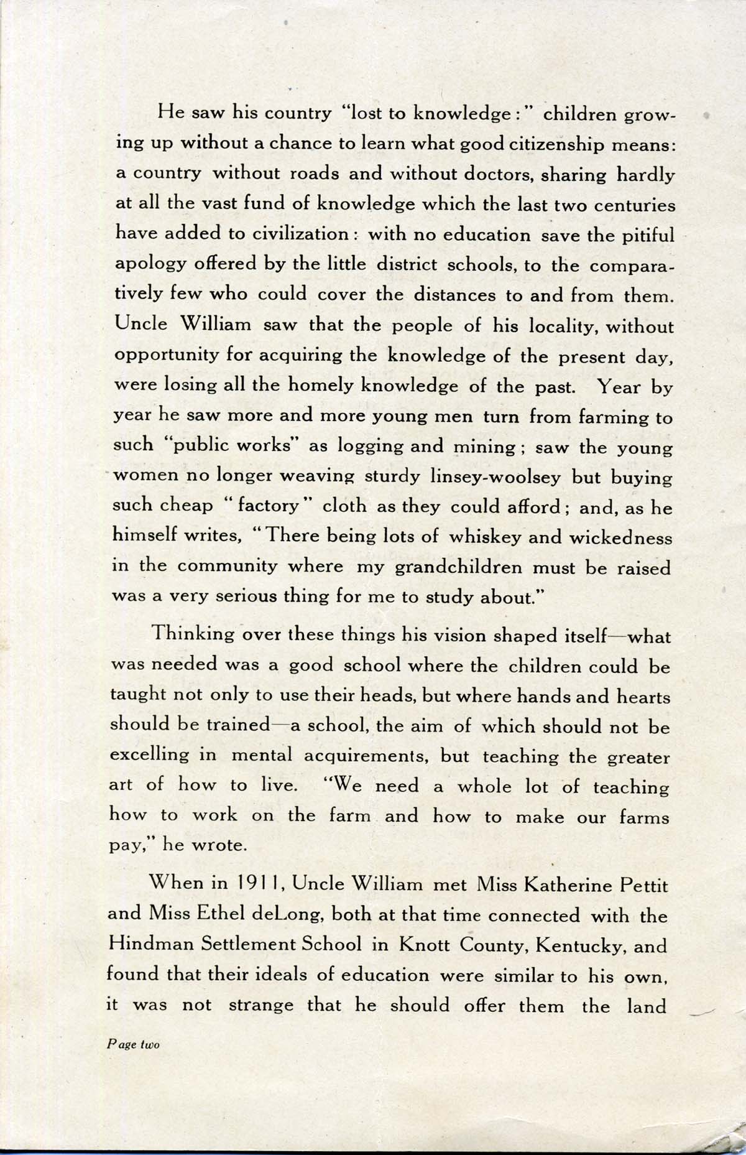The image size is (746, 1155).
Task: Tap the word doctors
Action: (487, 175)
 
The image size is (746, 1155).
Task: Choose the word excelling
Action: (149, 755)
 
